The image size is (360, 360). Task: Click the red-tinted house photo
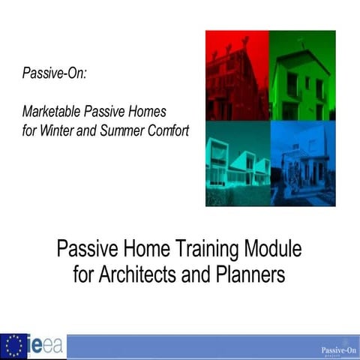coord(237,75)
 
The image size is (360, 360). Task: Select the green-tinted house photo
coord(302,75)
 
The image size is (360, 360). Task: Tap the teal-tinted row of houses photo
coord(237,163)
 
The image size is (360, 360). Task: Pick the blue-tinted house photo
coord(302,163)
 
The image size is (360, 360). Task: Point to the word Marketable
coord(52,110)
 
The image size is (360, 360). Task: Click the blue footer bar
coord(187,347)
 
